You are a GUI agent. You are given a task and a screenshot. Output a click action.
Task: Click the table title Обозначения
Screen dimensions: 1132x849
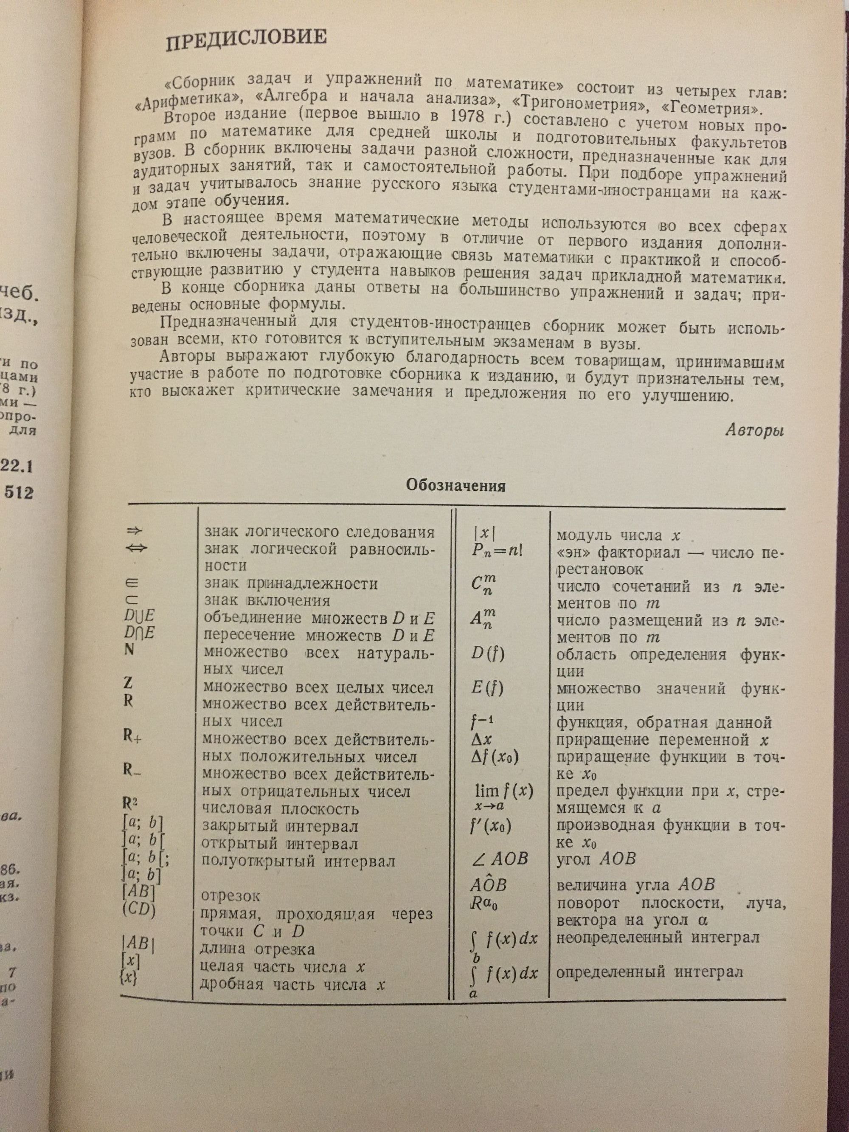455,486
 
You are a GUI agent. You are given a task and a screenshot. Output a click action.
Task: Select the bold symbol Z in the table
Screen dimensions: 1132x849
129,683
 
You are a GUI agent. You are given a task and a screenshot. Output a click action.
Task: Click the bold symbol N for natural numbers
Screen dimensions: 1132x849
129,649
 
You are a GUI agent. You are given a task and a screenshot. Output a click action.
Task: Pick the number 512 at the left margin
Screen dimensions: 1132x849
18,492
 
